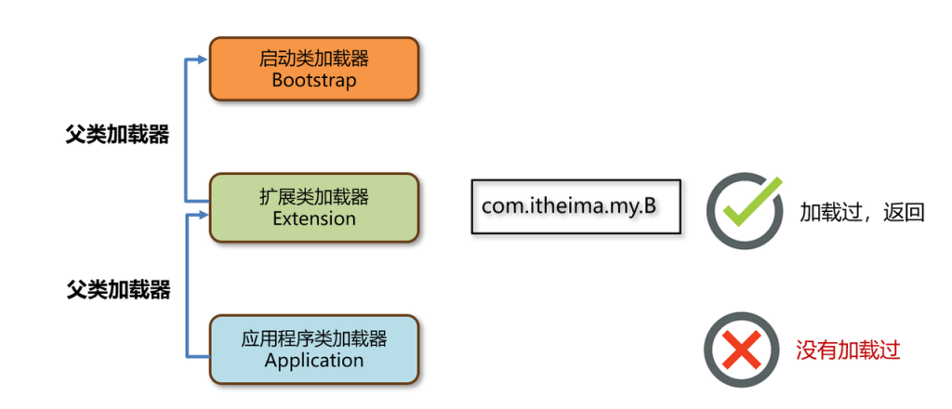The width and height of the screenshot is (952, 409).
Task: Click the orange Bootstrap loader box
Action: click(314, 69)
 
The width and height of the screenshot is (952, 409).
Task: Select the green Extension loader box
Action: click(314, 207)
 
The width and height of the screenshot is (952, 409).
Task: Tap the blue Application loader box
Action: click(314, 350)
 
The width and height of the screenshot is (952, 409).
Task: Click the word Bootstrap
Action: click(314, 80)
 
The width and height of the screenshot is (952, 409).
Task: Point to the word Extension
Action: click(314, 219)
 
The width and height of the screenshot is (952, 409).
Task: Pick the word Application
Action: click(314, 361)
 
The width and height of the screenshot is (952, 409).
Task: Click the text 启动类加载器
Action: click(314, 58)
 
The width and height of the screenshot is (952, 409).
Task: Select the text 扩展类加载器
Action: click(314, 197)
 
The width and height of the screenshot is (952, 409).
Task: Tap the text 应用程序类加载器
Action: click(314, 339)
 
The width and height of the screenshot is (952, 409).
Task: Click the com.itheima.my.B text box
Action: click(575, 206)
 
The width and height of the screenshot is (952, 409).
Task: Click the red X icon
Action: click(740, 350)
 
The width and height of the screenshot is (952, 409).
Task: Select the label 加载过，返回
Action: click(863, 212)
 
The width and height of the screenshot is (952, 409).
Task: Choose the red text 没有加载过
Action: click(848, 350)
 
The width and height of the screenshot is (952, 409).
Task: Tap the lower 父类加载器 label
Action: click(118, 289)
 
